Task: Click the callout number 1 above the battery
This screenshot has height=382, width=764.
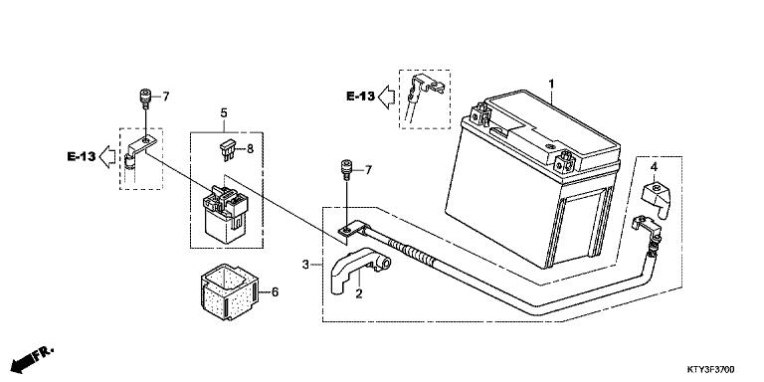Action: (x=550, y=83)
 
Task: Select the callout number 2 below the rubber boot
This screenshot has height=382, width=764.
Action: (x=360, y=293)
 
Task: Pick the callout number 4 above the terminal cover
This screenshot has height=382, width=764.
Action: (x=655, y=165)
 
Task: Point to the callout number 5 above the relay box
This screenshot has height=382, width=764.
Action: (x=224, y=113)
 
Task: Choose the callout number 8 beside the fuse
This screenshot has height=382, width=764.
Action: (x=251, y=148)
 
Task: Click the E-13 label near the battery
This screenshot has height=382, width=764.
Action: (x=361, y=96)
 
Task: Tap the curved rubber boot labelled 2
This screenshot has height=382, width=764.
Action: (x=348, y=266)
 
